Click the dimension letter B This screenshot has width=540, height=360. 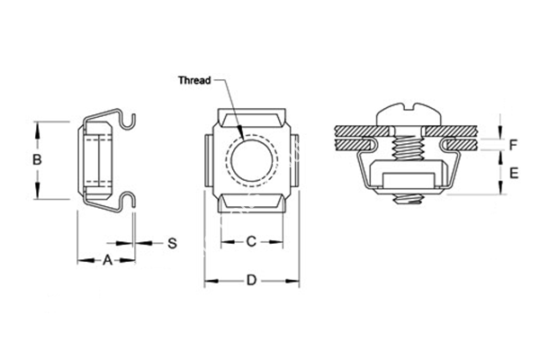(x=37, y=160)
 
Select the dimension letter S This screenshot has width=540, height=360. (x=172, y=243)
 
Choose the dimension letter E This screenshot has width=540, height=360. (x=512, y=173)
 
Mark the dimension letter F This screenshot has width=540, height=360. (x=512, y=143)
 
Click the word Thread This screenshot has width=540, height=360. (x=193, y=80)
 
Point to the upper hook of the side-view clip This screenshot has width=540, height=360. (x=131, y=117)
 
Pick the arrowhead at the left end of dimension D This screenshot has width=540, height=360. (x=210, y=282)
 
